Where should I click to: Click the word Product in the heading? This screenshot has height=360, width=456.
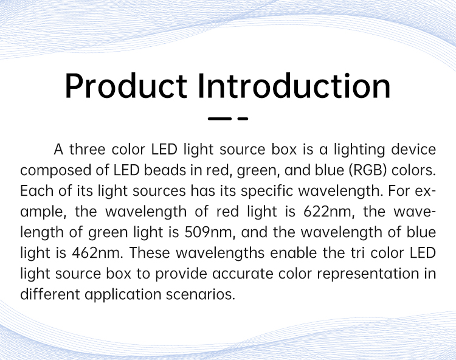pos(126,86)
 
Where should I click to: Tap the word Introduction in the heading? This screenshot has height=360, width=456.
pos(294,86)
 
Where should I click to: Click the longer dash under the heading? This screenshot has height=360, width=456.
pos(219,119)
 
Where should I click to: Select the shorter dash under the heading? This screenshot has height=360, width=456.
pos(243,119)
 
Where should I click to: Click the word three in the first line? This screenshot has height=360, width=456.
pos(87,150)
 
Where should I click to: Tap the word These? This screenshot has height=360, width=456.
pos(150,253)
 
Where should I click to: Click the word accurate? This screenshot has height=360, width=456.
pos(243,274)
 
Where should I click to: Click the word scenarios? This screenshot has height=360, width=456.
pos(201,294)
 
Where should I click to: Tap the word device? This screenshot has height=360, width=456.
pos(413,150)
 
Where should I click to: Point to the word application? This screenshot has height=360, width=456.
pos(123,295)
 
